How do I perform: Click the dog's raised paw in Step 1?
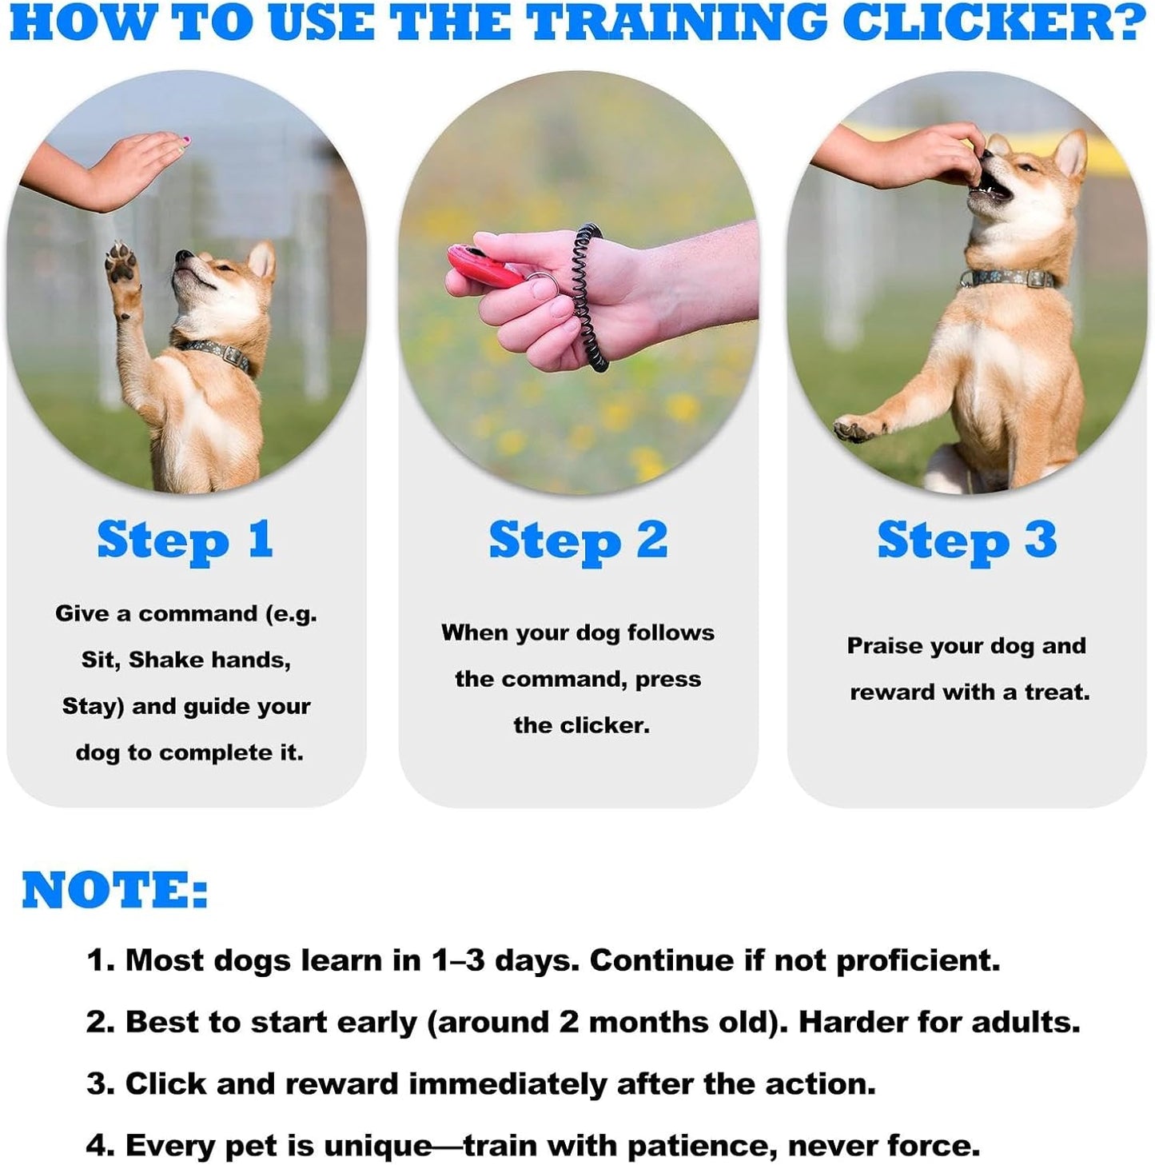(x=123, y=268)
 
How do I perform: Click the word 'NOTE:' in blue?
(x=115, y=890)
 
